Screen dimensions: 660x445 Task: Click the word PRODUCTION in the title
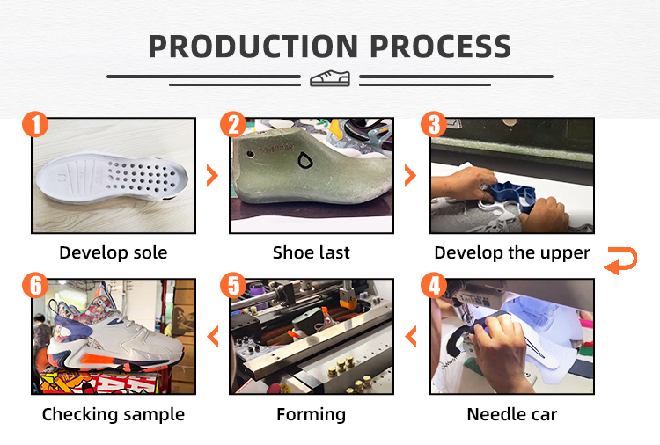click(253, 47)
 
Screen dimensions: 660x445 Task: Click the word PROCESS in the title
click(441, 47)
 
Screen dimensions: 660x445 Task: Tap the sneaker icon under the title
click(330, 78)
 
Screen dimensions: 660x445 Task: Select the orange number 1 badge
click(35, 124)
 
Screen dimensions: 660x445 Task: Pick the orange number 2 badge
click(233, 124)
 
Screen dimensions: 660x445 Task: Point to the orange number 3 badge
click(434, 124)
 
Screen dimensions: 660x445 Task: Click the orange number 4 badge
click(434, 285)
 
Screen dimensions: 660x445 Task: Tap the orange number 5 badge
click(233, 285)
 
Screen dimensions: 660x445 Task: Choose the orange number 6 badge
click(35, 285)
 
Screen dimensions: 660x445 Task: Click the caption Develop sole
click(114, 252)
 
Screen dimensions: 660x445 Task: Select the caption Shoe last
click(311, 252)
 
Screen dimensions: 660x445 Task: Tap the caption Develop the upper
click(512, 252)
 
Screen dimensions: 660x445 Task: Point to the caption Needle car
click(512, 414)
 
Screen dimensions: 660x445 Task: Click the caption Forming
click(311, 415)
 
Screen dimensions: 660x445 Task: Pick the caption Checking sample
click(114, 415)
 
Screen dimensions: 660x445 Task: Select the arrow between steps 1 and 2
click(213, 175)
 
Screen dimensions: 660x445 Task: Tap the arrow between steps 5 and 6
click(213, 336)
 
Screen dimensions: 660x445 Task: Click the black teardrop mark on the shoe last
click(304, 160)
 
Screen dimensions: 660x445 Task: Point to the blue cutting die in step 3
click(510, 196)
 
